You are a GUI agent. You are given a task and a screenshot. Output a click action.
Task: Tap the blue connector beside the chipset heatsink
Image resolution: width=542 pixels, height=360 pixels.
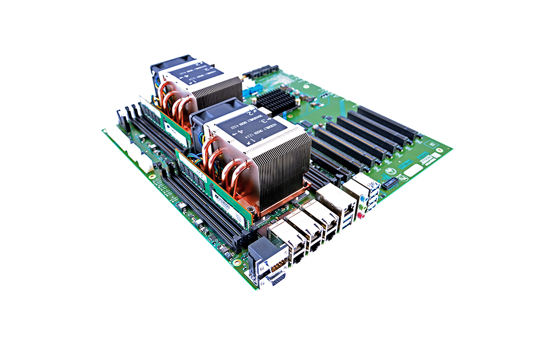coord(250,92)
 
